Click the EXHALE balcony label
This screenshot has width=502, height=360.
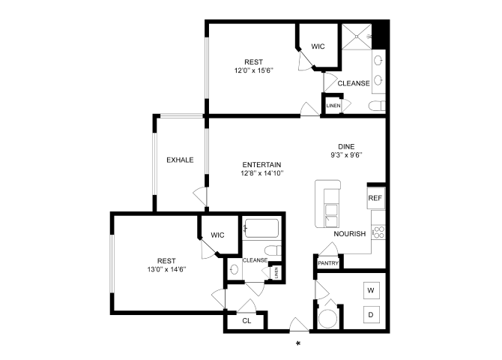[x=180, y=160]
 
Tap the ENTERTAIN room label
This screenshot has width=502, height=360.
[x=261, y=164]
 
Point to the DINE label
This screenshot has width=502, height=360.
[x=345, y=147]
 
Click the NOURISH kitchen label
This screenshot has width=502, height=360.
[x=350, y=234]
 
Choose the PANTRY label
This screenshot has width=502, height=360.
[x=328, y=263]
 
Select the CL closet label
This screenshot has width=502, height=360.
[x=247, y=321]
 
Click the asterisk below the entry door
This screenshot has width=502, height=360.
[x=298, y=344]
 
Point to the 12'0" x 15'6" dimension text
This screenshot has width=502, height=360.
[x=252, y=71]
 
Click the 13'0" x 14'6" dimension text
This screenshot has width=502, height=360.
[x=166, y=269]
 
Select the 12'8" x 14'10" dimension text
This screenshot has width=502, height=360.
[x=261, y=173]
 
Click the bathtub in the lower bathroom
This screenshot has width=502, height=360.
[x=260, y=228]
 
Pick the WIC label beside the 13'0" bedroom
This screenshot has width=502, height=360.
[x=217, y=235]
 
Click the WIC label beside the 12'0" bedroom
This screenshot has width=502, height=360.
[x=318, y=46]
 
